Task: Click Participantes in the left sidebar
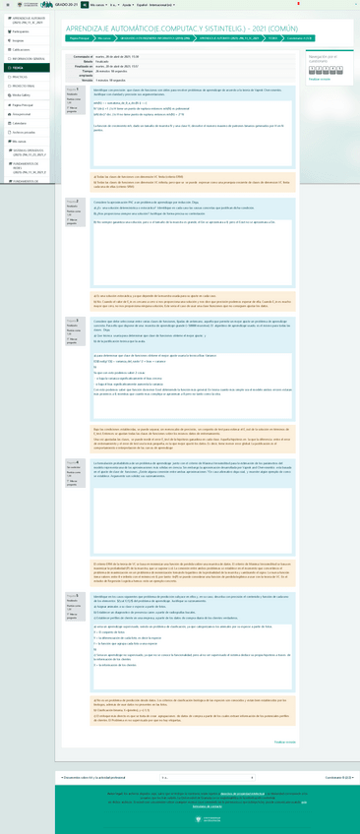(x=21, y=31)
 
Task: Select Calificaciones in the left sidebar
(x=22, y=49)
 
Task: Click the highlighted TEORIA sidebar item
(x=19, y=68)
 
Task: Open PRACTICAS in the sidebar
(x=21, y=77)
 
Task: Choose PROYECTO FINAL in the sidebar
(x=24, y=86)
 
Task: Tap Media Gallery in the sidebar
(x=22, y=95)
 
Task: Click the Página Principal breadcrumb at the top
(x=80, y=38)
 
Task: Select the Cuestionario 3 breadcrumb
(x=300, y=38)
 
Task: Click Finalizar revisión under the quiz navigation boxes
(x=320, y=79)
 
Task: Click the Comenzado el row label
(x=82, y=56)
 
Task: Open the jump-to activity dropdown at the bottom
(x=207, y=777)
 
